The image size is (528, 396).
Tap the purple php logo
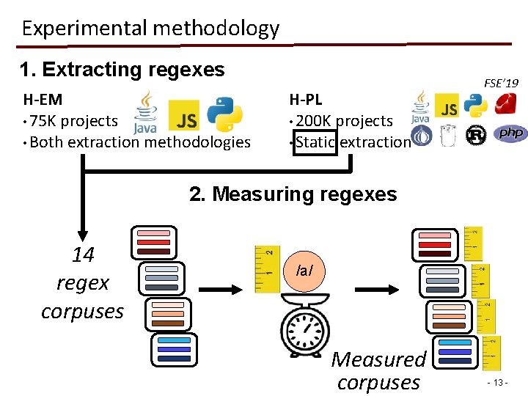coord(511,134)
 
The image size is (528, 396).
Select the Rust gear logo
coord(477,135)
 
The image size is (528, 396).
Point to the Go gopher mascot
coord(449,135)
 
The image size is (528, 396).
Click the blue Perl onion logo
coord(421,135)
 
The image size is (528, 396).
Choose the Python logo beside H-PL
coord(474,106)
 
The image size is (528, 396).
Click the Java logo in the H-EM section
coord(146,114)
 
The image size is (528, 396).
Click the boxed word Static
coord(315,142)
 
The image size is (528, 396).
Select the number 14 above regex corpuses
coord(83,255)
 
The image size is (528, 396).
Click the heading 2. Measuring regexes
coord(293,194)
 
